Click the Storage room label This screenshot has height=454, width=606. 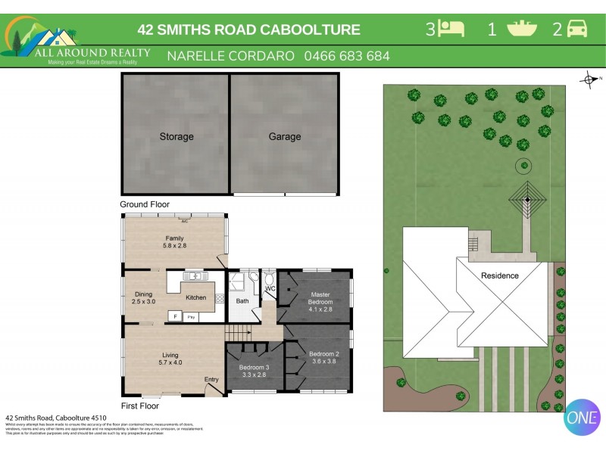tap(176, 137)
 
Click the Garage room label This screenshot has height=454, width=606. tap(284, 137)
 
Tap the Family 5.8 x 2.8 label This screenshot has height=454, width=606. tap(175, 242)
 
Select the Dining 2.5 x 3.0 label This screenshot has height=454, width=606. tap(144, 297)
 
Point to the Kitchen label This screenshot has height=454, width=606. tap(196, 297)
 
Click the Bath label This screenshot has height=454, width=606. tap(242, 300)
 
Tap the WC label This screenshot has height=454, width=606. tap(270, 289)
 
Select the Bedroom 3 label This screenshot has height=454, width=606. tap(255, 371)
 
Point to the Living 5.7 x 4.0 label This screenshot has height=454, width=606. tap(175, 358)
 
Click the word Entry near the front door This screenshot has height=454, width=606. tap(211, 379)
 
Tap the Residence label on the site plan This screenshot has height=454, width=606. tap(500, 275)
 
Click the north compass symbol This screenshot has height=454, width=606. tap(589, 79)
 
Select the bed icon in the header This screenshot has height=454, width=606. tap(452, 29)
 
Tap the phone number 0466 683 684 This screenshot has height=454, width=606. tap(347, 56)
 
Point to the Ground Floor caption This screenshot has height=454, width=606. tap(145, 204)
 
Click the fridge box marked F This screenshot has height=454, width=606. tap(175, 316)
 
